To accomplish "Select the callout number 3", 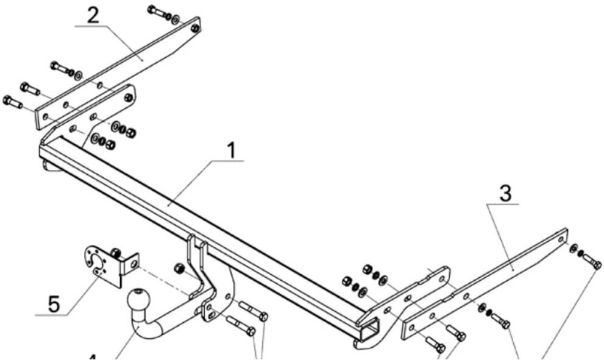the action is point(505,194).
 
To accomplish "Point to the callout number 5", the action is point(54,303).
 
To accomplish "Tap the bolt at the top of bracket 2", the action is point(159,12).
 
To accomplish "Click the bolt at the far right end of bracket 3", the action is point(592,262).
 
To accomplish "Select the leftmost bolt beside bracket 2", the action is point(12,102).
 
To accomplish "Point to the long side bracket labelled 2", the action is point(122,73).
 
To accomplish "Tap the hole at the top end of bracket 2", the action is point(194,28).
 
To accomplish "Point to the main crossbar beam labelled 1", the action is point(201,225).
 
